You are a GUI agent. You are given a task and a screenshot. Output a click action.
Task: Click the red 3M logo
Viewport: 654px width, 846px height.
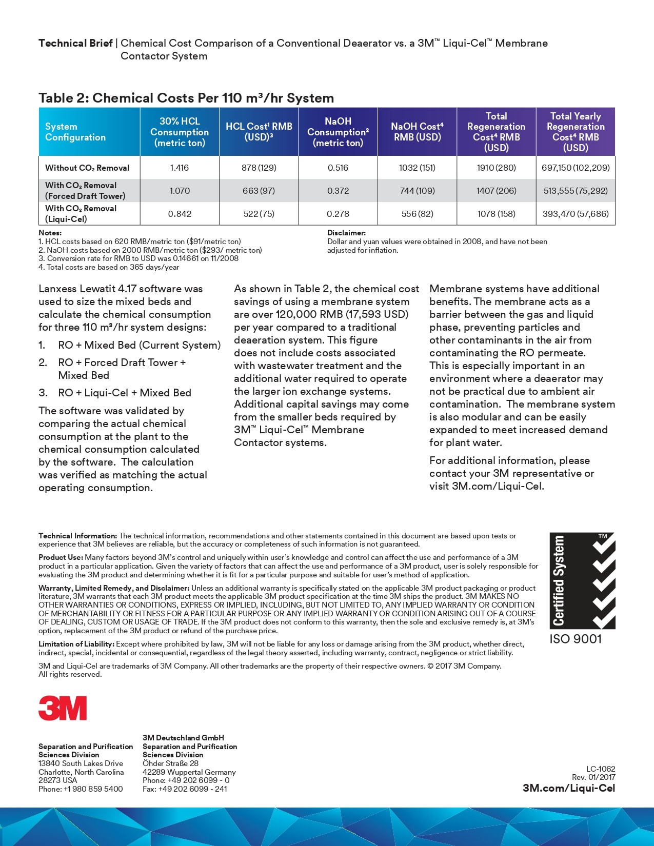[x=63, y=708]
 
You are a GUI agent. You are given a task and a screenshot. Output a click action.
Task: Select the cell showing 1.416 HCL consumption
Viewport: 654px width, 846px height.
[x=180, y=168]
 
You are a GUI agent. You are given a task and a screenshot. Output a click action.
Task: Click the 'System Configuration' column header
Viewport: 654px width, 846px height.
[x=75, y=132]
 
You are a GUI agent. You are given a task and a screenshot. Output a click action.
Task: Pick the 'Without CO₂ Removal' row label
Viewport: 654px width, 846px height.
[x=87, y=168]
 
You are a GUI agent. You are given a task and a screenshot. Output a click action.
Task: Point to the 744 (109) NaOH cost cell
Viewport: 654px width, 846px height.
[x=417, y=191]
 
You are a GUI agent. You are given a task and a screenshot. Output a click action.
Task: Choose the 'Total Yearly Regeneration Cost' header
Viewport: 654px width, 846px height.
[x=576, y=132]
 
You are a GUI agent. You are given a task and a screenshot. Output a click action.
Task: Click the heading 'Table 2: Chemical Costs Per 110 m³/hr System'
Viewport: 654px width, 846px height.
[x=186, y=98]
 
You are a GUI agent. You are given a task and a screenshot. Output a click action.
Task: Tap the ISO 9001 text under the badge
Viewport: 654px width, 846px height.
[x=576, y=639]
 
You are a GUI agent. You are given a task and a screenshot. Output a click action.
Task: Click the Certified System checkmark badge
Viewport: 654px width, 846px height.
[x=582, y=580]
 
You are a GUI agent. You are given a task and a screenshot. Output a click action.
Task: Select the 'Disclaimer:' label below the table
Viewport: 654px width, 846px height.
[x=347, y=233]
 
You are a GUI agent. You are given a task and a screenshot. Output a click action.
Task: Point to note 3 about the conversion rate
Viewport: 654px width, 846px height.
[x=138, y=258]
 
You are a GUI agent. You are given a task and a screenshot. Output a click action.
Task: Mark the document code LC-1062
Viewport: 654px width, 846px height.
[x=601, y=769]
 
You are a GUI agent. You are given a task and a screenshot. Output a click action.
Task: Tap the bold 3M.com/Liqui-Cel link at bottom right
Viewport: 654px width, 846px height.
[x=569, y=788]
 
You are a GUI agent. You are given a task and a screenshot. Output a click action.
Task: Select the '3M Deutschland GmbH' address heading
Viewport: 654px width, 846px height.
[x=183, y=738]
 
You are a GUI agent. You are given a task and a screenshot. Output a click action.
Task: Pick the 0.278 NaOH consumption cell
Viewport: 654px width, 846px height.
[x=338, y=214]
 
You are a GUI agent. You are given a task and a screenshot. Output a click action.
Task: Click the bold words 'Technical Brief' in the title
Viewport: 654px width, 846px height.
[x=75, y=43]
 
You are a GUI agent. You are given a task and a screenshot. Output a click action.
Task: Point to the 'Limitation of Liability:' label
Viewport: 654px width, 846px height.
[x=76, y=644]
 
